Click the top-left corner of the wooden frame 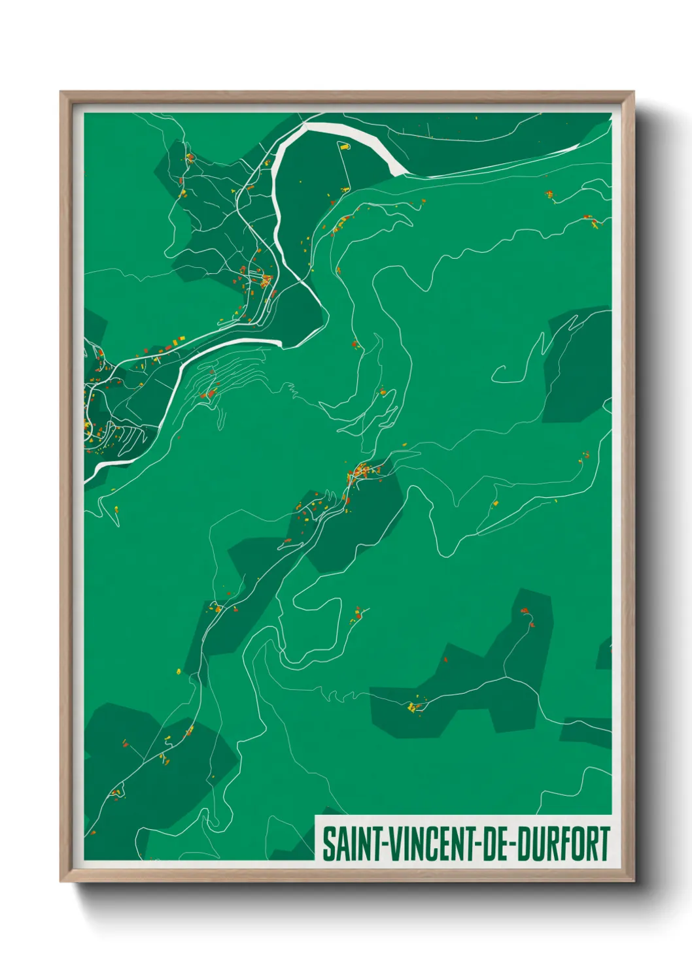pyautogui.click(x=61, y=92)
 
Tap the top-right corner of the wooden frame pyautogui.click(x=633, y=92)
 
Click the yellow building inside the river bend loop pyautogui.click(x=344, y=147)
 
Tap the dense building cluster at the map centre pyautogui.click(x=362, y=470)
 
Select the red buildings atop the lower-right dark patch pyautogui.click(x=526, y=613)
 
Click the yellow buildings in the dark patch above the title pyautogui.click(x=411, y=706)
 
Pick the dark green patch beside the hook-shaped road pyautogui.click(x=576, y=366)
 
